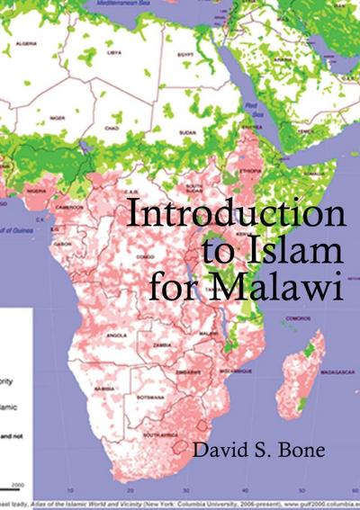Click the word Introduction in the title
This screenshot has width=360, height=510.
[x=236, y=217]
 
